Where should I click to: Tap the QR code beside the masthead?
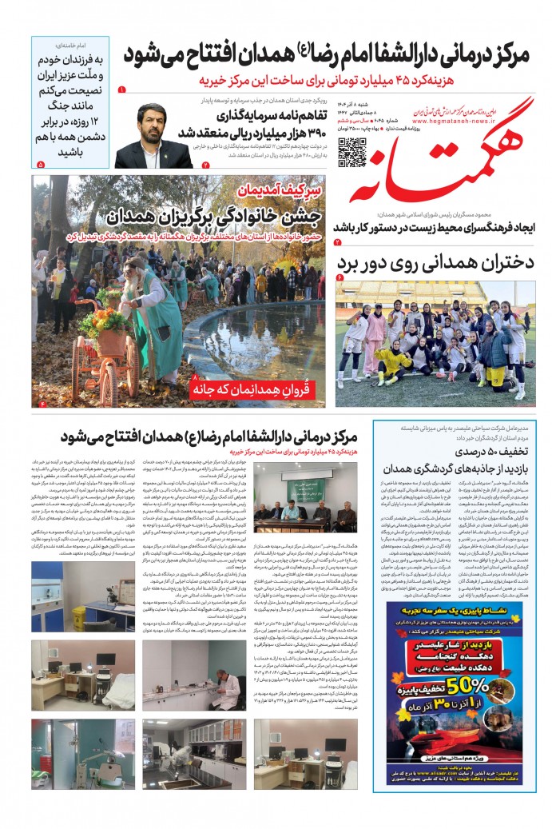pyautogui.click(x=351, y=152)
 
